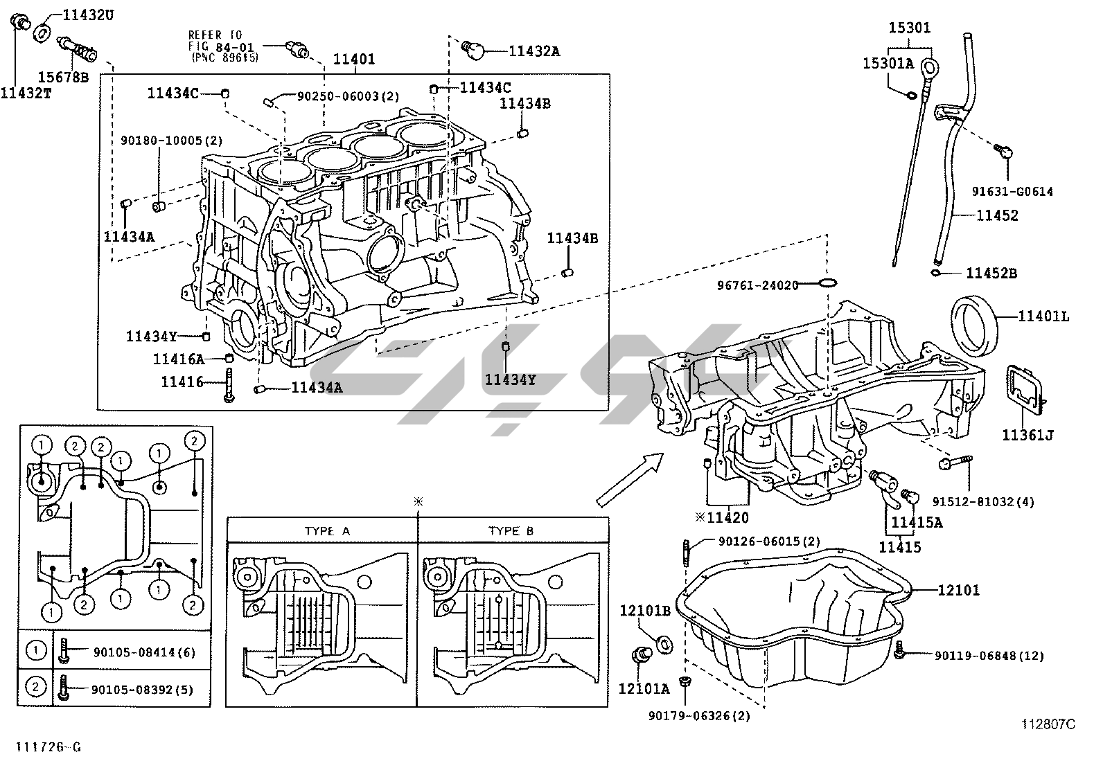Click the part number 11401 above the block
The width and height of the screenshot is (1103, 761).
pyautogui.click(x=353, y=60)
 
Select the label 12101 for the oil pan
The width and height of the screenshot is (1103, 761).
pyautogui.click(x=959, y=590)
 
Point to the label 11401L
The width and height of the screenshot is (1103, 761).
pyautogui.click(x=1043, y=316)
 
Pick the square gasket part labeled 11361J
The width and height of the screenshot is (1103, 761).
pyautogui.click(x=1024, y=391)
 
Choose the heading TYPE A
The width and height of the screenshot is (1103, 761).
pyautogui.click(x=327, y=531)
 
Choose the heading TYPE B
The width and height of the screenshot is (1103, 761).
pyautogui.click(x=511, y=531)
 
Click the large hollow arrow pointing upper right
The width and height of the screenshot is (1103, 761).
pyautogui.click(x=629, y=479)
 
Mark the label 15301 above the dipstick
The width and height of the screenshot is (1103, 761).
pyautogui.click(x=910, y=28)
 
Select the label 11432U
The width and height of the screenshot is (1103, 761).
pyautogui.click(x=88, y=14)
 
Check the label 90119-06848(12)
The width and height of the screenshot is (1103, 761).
pyautogui.click(x=989, y=655)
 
